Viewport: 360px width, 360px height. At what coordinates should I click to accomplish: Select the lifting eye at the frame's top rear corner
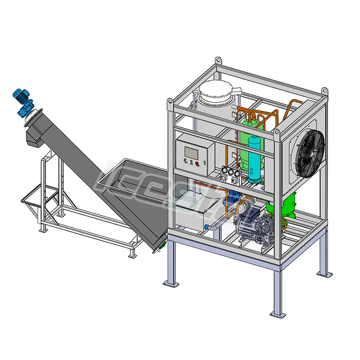tap(218, 60)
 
